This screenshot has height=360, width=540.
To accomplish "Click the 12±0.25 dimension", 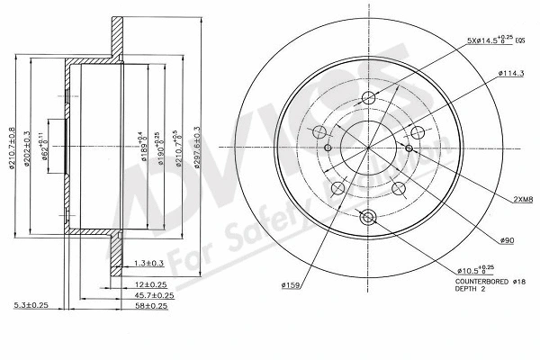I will coord(144,284).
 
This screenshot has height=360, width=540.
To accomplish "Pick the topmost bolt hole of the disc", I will coord(366,100).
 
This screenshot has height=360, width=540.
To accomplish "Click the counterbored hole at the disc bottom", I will coord(366,217).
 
